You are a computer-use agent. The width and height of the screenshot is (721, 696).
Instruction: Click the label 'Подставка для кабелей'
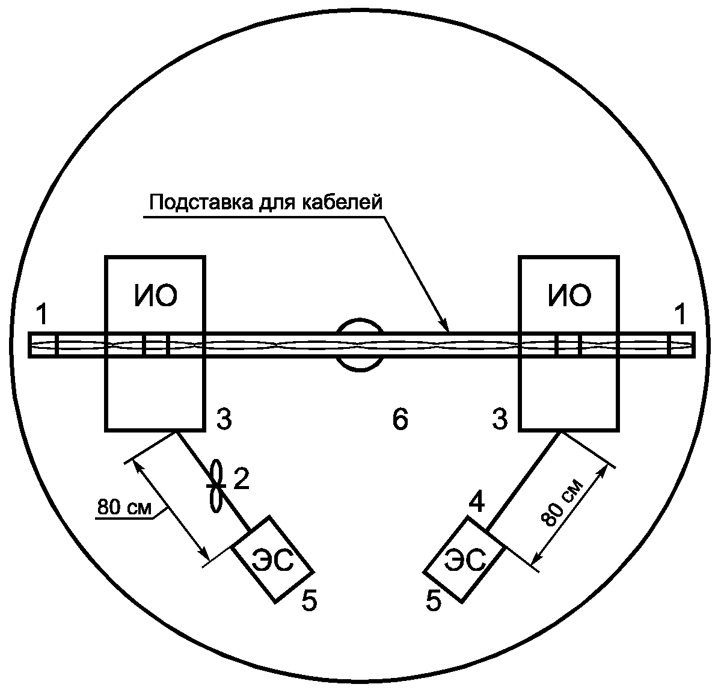[x=265, y=203]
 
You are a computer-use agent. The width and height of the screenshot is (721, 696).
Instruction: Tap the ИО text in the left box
[x=155, y=296]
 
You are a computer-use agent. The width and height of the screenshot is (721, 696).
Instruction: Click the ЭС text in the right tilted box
[x=465, y=562]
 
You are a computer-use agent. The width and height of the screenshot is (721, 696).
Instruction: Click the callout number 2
[x=241, y=479]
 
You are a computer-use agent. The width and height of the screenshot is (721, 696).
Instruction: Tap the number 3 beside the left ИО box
[x=224, y=420]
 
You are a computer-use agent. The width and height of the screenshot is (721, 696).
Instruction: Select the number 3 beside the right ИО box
[x=500, y=420]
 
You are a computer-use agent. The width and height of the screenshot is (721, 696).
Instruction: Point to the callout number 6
[x=400, y=419]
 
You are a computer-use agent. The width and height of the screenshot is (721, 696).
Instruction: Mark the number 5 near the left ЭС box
[x=308, y=600]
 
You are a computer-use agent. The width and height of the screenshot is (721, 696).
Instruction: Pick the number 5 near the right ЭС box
[x=434, y=600]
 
